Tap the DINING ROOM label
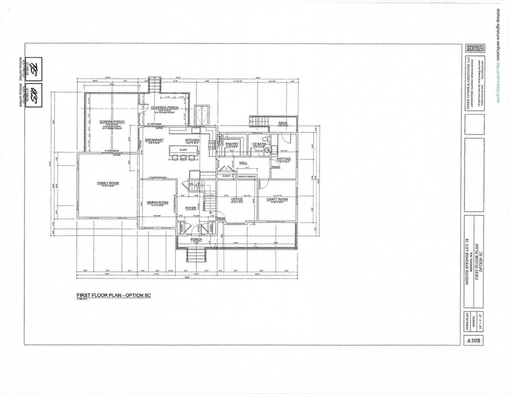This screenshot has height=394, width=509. [x=157, y=202]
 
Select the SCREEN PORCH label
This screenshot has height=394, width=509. [x=112, y=122]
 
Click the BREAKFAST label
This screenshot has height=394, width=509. [x=154, y=140]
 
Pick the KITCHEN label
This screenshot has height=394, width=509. [x=192, y=140]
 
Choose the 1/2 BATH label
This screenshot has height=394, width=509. [x=257, y=144]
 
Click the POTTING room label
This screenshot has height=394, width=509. [x=283, y=159]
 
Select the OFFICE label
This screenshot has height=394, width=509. [x=236, y=199]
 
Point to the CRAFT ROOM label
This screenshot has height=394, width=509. [x=277, y=199]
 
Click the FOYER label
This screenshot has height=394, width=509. [x=191, y=208]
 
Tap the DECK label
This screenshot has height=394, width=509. [x=283, y=123]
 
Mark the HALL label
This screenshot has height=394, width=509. [x=243, y=163]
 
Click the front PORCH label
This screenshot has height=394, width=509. [x=196, y=239]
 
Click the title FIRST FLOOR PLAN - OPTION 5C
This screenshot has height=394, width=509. [x=114, y=295]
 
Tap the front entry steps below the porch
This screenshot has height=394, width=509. [x=195, y=254]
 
